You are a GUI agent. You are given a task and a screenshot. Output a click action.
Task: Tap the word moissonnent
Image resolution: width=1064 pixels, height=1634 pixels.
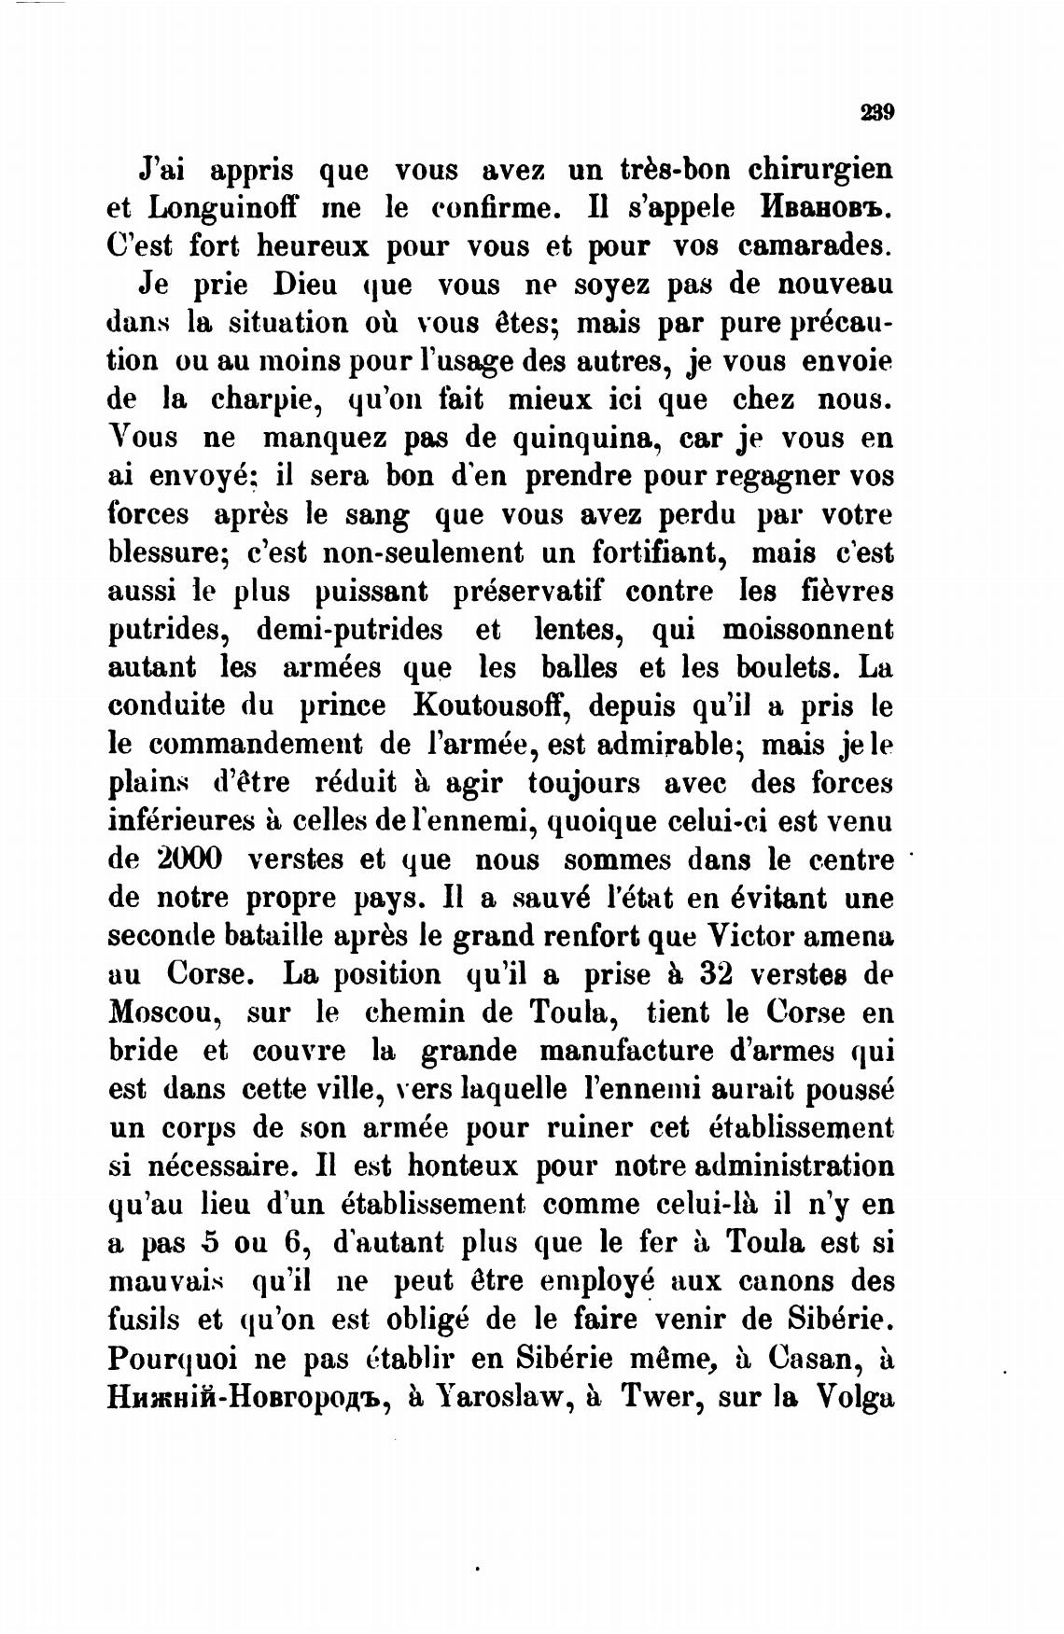pyautogui.click(x=808, y=629)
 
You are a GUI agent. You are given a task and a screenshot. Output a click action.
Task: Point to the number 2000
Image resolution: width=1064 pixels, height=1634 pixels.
pyautogui.click(x=185, y=859)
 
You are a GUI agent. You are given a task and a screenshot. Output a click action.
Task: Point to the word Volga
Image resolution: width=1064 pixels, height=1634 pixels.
pyautogui.click(x=855, y=1396)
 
